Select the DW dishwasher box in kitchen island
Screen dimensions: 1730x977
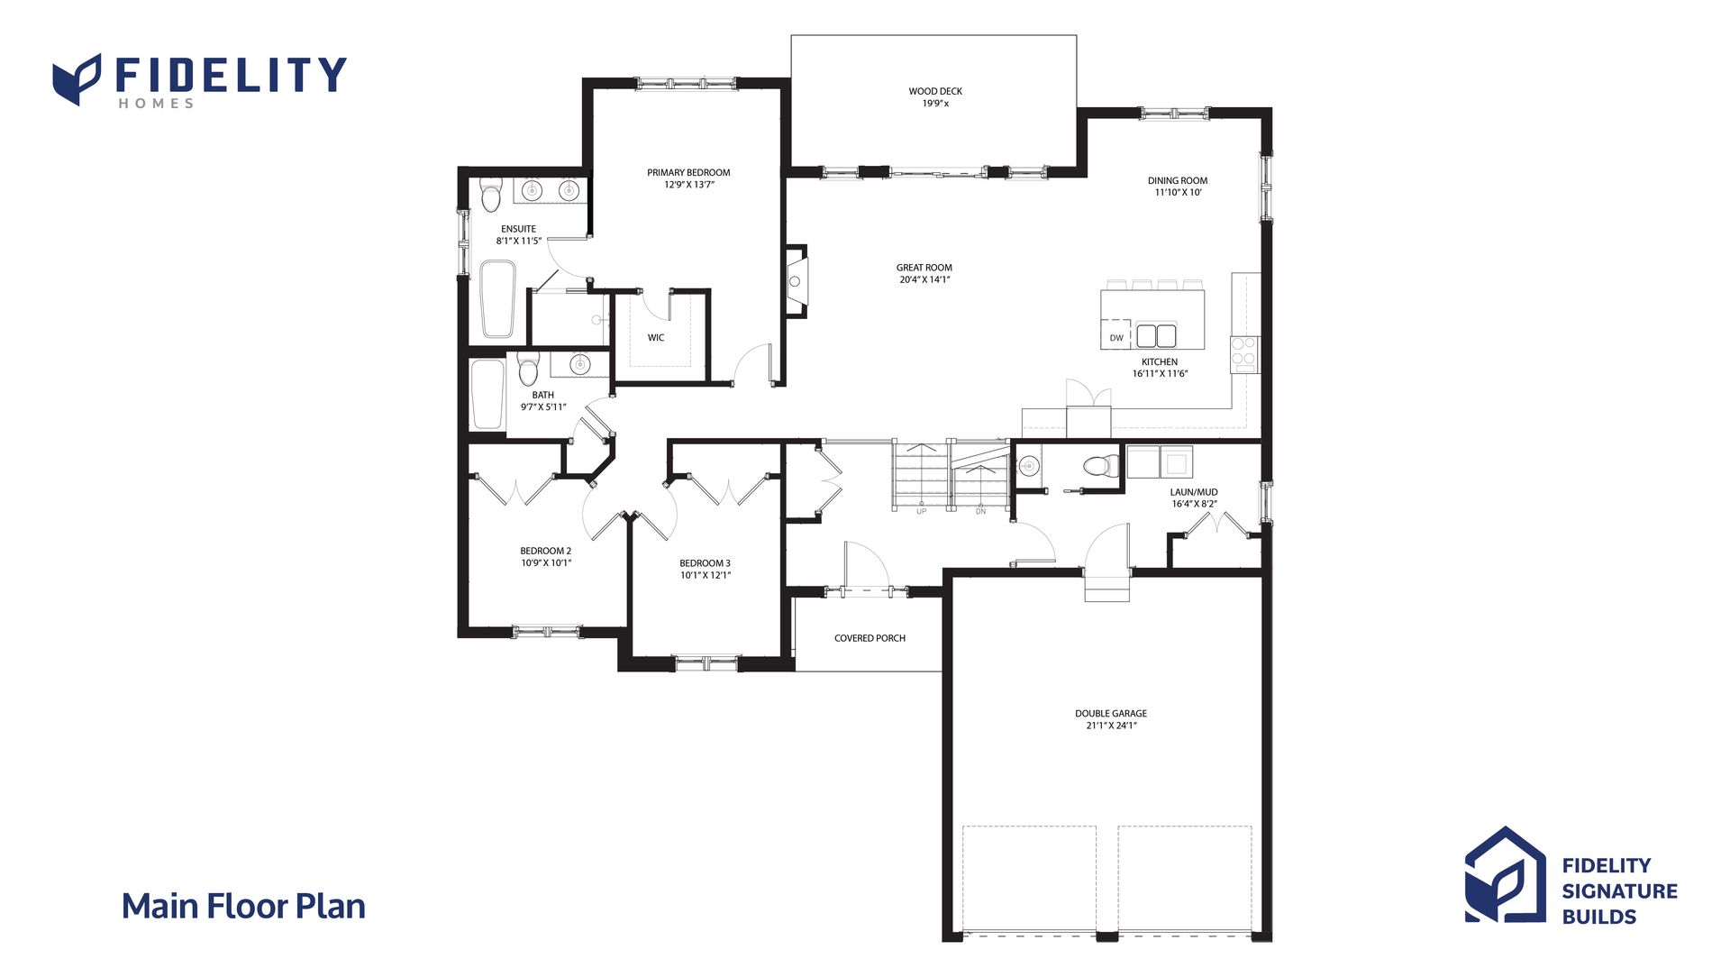1115,334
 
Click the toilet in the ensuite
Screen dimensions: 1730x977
490,194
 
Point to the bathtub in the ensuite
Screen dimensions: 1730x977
496,299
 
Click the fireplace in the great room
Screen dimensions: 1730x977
797,280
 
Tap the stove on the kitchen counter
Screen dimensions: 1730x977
1244,353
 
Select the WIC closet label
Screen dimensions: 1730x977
656,338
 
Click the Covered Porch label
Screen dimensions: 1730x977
870,638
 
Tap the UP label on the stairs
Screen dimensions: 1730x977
921,512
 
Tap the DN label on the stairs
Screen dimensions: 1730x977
980,512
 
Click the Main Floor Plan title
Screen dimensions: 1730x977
243,907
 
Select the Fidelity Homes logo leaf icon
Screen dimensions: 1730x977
77,79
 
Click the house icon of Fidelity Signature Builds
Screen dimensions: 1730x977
1505,875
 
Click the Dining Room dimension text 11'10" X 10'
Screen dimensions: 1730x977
1178,193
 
